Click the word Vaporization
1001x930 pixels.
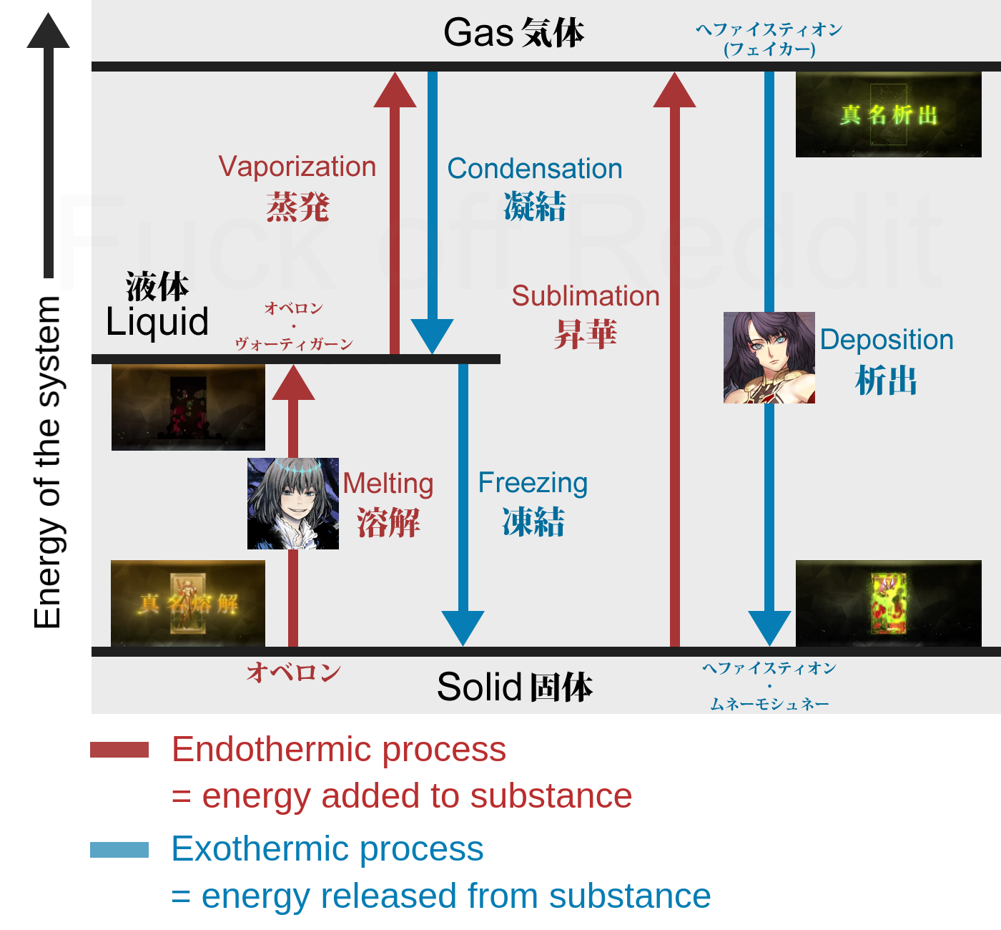pyautogui.click(x=297, y=167)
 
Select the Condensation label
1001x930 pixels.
pyautogui.click(x=534, y=169)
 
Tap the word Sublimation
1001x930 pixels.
pyautogui.click(x=585, y=296)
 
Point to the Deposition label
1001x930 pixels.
pyautogui.click(x=886, y=340)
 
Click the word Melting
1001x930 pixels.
pyautogui.click(x=388, y=484)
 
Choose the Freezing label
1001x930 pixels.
pyautogui.click(x=533, y=483)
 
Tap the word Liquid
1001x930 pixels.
pyautogui.click(x=157, y=322)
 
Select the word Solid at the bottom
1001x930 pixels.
pyautogui.click(x=479, y=687)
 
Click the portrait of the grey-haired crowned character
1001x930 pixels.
pyautogui.click(x=293, y=504)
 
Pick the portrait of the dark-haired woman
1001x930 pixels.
pyautogui.click(x=769, y=358)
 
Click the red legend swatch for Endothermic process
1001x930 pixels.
pyautogui.click(x=119, y=750)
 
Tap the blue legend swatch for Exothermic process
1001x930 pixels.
pyautogui.click(x=119, y=850)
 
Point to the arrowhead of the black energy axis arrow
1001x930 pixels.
pyautogui.click(x=48, y=31)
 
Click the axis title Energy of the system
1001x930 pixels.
pyautogui.click(x=48, y=462)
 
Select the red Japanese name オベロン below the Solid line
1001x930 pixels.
pyautogui.click(x=293, y=672)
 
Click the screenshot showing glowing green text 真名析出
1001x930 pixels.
pyautogui.click(x=889, y=114)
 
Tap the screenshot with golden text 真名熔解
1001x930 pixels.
pyautogui.click(x=188, y=603)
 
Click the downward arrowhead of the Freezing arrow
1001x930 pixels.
pyautogui.click(x=463, y=627)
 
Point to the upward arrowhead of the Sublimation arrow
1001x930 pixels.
pyautogui.click(x=674, y=91)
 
